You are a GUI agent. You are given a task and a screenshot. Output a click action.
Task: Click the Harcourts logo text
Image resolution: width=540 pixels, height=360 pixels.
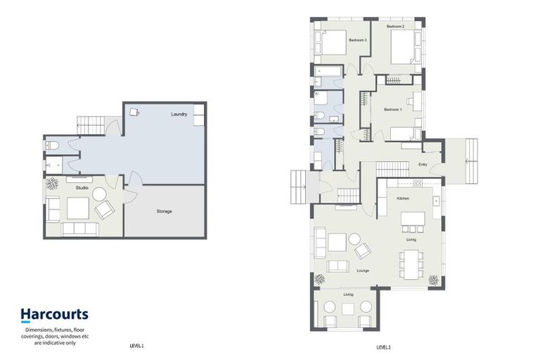[54, 314]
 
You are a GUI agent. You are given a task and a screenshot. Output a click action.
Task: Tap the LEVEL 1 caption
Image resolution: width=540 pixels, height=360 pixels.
[136, 346]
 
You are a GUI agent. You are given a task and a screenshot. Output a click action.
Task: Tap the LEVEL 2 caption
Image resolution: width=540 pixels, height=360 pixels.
[383, 347]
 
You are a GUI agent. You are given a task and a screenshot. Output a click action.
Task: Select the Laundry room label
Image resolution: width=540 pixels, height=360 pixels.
[179, 114]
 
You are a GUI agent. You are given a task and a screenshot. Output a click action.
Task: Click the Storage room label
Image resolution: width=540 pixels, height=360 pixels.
[164, 211]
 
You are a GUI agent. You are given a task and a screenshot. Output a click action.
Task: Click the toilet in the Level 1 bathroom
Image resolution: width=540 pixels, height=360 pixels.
[52, 146]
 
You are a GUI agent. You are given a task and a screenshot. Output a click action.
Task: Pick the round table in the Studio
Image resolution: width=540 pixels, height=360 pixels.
[98, 193]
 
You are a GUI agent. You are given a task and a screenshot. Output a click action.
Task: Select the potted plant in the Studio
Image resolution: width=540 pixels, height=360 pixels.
[52, 184]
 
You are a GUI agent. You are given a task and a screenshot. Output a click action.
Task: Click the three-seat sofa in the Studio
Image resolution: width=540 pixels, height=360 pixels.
[80, 229]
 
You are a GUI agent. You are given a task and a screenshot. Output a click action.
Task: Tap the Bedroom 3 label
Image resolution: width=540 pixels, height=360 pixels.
[358, 41]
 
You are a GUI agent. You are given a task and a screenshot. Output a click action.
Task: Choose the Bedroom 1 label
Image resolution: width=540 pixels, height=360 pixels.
[392, 110]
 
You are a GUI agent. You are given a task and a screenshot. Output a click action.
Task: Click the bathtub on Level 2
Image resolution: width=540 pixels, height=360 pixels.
[328, 72]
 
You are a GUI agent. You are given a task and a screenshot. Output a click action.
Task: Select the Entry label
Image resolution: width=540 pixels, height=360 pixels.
[423, 165]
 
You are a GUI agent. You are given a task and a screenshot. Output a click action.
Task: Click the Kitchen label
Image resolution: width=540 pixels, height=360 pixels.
[403, 199]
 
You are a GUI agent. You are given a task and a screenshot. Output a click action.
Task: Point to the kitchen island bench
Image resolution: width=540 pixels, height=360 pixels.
[413, 219]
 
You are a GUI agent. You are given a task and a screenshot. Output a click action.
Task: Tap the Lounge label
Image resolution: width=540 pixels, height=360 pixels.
[363, 270]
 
